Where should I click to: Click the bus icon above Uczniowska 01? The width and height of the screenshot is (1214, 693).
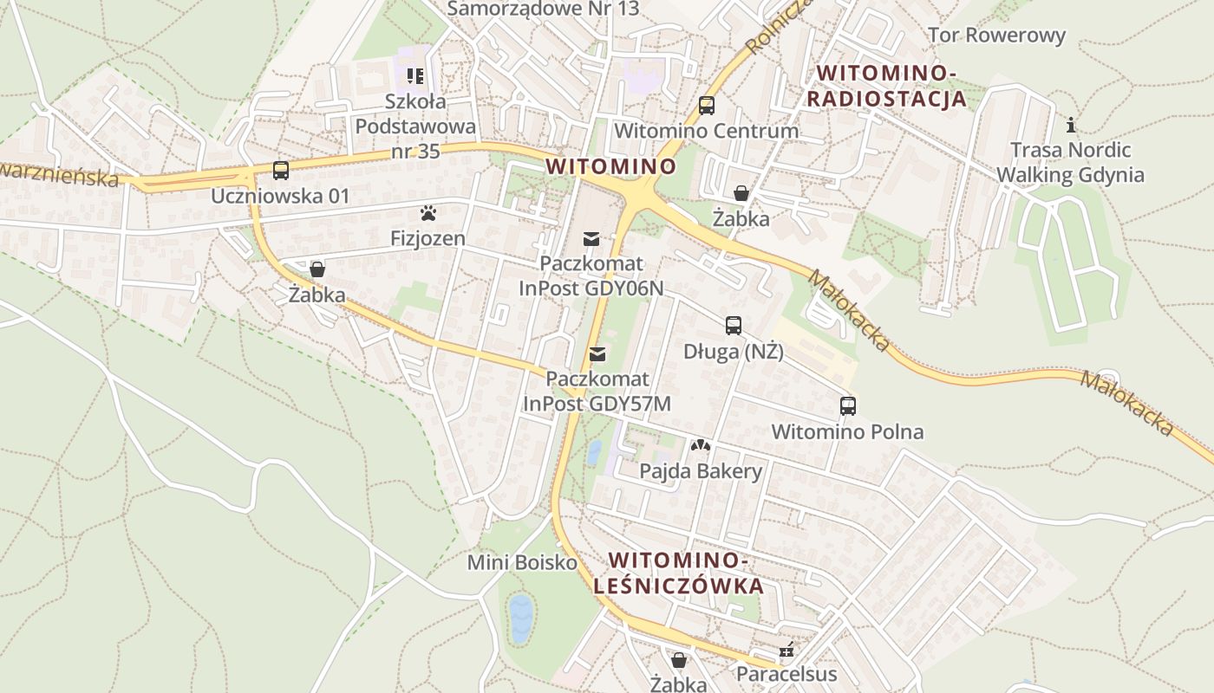[280, 171]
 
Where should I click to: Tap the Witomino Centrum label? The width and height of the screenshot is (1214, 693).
[706, 131]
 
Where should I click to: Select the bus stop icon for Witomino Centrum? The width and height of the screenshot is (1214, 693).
[707, 106]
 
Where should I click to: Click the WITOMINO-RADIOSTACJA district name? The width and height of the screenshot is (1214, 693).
[885, 85]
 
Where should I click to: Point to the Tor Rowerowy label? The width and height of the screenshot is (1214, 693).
[996, 36]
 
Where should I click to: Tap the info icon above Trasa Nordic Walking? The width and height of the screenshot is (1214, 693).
[1071, 125]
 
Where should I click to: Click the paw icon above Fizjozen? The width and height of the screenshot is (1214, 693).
[428, 212]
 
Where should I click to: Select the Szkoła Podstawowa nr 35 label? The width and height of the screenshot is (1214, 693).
[416, 126]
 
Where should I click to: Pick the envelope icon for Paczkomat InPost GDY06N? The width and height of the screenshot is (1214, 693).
[591, 238]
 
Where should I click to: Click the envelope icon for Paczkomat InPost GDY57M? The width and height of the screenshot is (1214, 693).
[597, 353]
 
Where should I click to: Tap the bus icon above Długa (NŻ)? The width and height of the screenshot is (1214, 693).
[734, 326]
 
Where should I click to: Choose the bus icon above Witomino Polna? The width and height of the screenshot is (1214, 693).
[847, 405]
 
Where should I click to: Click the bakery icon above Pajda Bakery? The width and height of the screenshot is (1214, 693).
[700, 445]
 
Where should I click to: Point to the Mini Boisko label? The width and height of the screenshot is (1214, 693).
[522, 562]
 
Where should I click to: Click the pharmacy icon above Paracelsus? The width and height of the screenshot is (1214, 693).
[786, 649]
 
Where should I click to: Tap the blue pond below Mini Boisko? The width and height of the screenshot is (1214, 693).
[520, 618]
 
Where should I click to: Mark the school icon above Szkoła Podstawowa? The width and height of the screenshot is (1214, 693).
[415, 76]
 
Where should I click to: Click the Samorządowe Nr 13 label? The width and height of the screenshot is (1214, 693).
[543, 9]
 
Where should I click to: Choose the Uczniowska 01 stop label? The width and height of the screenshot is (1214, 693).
[280, 196]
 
